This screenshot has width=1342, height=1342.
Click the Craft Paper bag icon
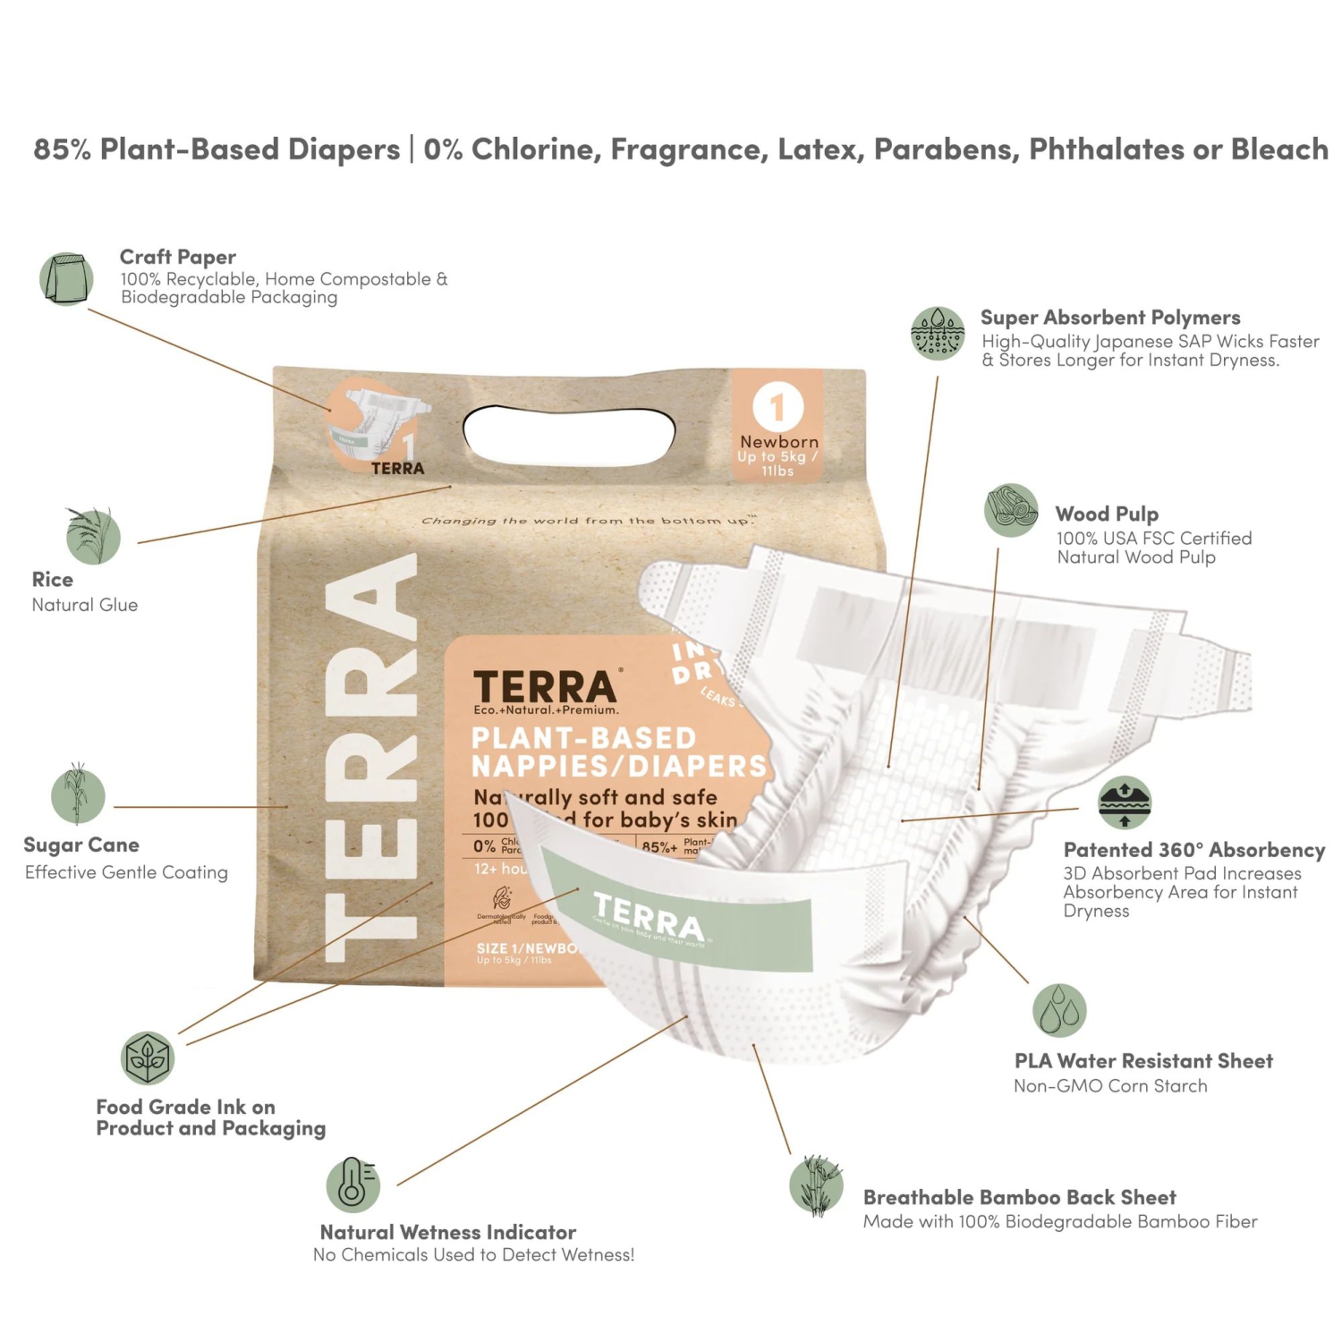tap(66, 278)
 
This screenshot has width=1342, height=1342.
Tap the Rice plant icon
tap(93, 536)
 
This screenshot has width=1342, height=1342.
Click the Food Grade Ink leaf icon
tap(148, 1057)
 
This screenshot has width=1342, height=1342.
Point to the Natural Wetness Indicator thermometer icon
tap(352, 1185)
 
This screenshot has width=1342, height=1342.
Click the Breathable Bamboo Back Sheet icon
tap(816, 1185)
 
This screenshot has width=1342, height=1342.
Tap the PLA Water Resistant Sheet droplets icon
tap(1059, 1010)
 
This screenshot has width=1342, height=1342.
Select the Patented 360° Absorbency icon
tap(1125, 803)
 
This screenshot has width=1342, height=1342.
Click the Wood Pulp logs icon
tap(1011, 510)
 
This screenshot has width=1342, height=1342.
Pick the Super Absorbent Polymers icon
tap(937, 333)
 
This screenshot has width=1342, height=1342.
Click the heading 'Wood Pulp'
tap(1107, 514)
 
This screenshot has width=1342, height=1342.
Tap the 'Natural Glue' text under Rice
tap(85, 605)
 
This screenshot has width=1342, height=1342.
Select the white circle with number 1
tap(777, 407)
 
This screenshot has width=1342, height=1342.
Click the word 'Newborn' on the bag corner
tap(778, 442)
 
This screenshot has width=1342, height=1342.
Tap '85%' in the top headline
tap(63, 149)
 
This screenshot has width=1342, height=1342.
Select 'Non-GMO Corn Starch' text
tap(1110, 1086)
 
